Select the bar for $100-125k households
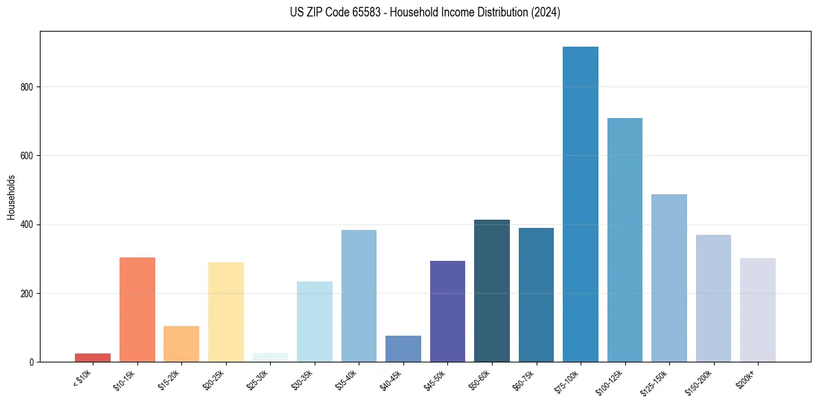[x=625, y=240]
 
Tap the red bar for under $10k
[x=93, y=358]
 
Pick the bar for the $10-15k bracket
[x=137, y=310]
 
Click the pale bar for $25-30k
[x=270, y=358]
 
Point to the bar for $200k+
[x=757, y=310]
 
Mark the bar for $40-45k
[x=403, y=349]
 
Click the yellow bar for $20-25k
[x=226, y=312]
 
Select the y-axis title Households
[x=11, y=196]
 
